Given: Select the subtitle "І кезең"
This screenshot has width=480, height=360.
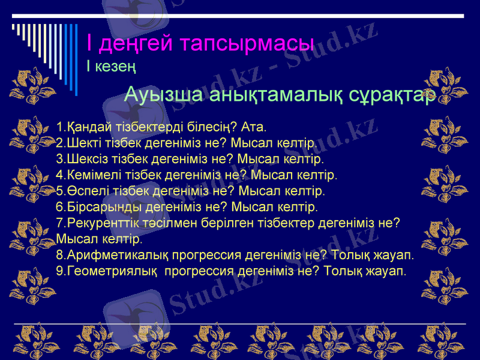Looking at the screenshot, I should (111, 65).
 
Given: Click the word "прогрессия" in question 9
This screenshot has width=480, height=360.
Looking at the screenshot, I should (199, 271).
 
